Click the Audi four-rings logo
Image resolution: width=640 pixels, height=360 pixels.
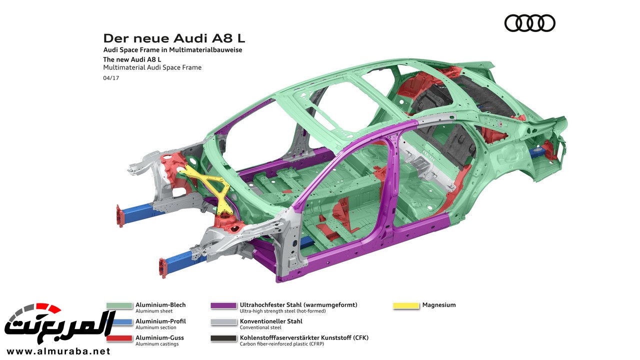529,23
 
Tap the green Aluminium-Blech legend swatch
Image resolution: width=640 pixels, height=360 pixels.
119,305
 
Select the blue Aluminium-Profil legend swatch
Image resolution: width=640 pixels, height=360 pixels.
119,322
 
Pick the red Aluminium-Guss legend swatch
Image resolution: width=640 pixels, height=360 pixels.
119,338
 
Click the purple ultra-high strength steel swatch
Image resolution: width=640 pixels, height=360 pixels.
223,305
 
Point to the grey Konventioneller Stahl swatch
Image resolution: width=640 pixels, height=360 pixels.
223,322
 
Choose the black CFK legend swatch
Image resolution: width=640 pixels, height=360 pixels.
223,338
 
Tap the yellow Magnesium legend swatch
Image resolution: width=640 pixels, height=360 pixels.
406,305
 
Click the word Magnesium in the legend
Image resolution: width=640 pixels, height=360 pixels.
438,305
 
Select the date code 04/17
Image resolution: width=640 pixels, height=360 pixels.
111,77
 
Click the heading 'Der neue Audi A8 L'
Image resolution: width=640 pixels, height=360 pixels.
174,38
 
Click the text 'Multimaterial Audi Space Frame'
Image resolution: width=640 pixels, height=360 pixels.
152,67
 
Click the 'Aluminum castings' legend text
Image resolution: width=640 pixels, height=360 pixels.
157,344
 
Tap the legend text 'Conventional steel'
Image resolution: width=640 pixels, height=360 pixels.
262,327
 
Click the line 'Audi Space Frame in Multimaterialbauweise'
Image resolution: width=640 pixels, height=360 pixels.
172,50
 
